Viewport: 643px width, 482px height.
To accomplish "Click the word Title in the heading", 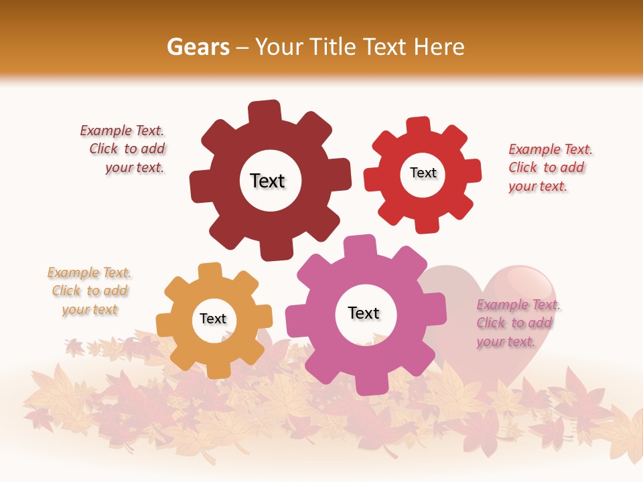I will tap(334, 47).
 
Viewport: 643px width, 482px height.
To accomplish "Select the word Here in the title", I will tap(439, 47).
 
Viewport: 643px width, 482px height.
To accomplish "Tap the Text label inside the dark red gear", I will tap(267, 181).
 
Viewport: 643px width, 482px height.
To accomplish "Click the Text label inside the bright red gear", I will tap(423, 173).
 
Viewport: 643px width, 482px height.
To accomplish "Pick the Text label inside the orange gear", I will tap(213, 319).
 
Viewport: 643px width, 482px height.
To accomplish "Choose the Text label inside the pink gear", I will tap(364, 313).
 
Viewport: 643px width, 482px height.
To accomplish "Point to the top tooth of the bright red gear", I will tap(419, 127).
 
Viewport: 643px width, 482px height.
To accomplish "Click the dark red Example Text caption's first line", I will tap(122, 131).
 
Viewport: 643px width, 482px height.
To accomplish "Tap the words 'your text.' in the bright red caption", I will tap(538, 186).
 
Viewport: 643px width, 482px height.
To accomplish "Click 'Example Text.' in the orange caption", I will tap(89, 272).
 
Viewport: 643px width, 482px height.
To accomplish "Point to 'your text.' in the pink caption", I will tap(506, 341).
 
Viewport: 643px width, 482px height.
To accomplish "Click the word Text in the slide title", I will tap(387, 47).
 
